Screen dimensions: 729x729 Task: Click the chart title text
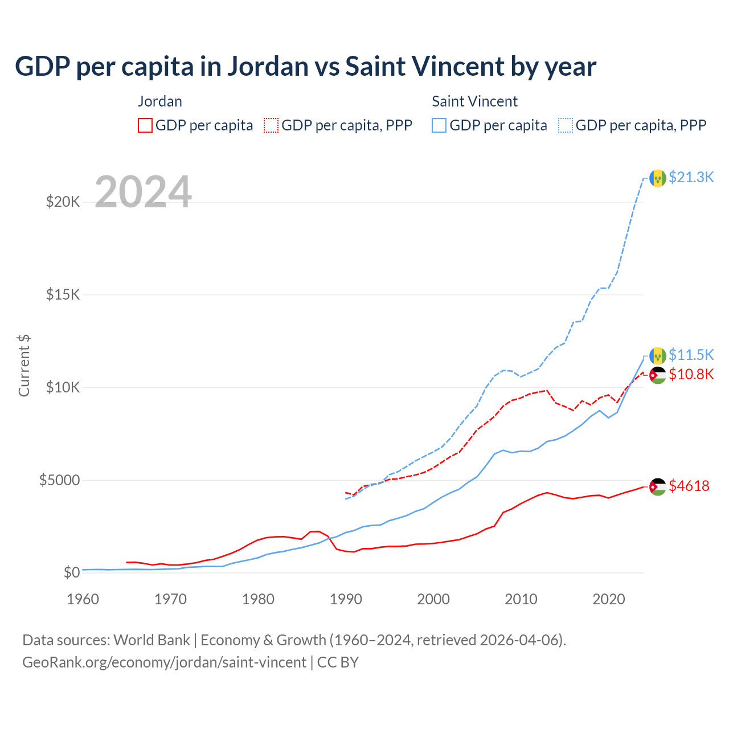[305, 67]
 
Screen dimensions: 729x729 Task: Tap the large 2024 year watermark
[143, 192]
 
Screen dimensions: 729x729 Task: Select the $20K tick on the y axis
[63, 202]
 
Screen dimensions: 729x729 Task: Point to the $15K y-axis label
[63, 294]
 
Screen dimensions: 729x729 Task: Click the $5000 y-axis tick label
[60, 480]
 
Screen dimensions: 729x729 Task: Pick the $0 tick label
[71, 572]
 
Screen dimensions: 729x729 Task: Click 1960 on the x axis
[83, 599]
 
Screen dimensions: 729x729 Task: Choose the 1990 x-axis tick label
[346, 599]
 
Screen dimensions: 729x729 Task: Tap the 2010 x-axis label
[521, 599]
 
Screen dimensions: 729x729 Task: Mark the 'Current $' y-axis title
[24, 366]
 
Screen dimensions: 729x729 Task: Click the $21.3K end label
[691, 177]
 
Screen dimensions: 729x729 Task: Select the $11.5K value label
[691, 355]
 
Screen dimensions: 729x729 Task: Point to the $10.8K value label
[691, 374]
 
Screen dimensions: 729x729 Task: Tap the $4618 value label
[689, 486]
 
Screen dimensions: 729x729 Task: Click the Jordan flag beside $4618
[658, 487]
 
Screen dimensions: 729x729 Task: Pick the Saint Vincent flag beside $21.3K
[658, 178]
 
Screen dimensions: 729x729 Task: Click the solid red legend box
[145, 125]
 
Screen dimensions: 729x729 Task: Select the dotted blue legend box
[566, 125]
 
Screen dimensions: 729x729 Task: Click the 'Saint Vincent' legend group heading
[474, 101]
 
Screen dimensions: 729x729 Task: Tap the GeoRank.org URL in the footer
[164, 662]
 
